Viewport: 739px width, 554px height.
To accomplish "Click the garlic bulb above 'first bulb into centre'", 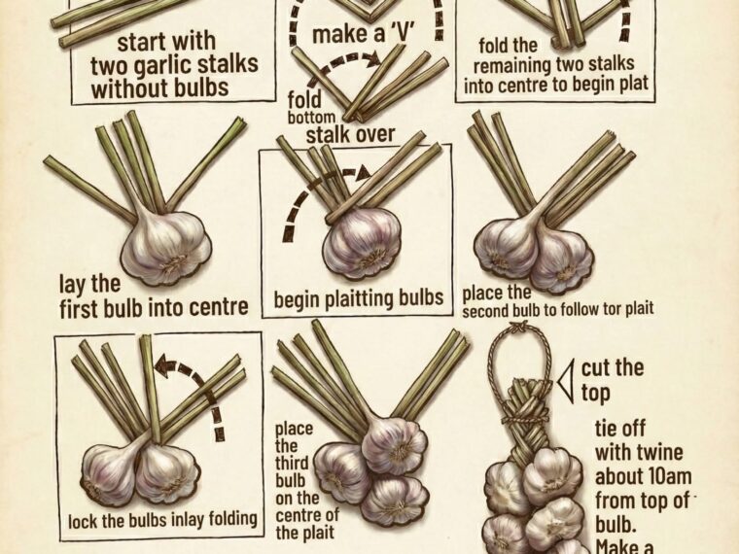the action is [x=165, y=247].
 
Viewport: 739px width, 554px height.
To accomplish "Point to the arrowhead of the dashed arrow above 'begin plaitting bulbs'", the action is [x=363, y=173].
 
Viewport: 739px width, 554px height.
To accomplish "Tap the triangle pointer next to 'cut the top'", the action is [x=566, y=382].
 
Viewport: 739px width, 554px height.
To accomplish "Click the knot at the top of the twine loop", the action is [x=519, y=327].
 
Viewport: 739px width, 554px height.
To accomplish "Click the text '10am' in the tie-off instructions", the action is [x=666, y=476].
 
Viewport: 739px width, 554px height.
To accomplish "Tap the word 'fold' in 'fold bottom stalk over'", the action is [x=304, y=100].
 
